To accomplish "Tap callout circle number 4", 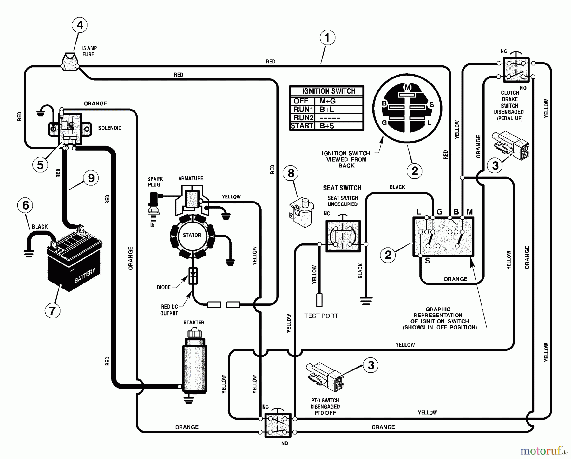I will [x=80, y=25].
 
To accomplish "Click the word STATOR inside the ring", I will [x=192, y=235].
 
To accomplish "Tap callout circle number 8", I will [x=291, y=173].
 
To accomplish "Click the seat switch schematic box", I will [x=343, y=236].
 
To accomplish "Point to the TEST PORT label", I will [x=321, y=316].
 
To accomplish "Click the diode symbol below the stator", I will [x=193, y=275].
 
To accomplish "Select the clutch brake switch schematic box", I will [x=516, y=70].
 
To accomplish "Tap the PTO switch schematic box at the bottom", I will [x=278, y=425].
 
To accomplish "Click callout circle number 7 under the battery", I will [x=52, y=310].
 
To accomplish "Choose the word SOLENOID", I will [x=110, y=128].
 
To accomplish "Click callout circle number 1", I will [x=327, y=38].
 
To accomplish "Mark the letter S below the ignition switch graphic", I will [x=428, y=261].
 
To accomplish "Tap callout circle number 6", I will [x=26, y=205].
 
